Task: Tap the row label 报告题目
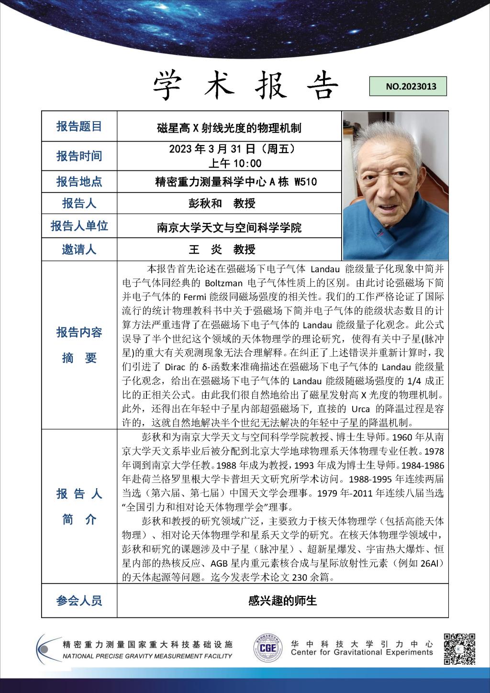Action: coord(79,126)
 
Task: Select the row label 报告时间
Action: coord(79,156)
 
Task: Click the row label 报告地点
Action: coord(79,181)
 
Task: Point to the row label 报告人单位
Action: coord(79,226)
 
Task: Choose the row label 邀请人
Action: coord(79,249)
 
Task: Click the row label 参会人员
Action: coord(79,601)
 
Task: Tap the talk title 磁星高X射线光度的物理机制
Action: coord(229,128)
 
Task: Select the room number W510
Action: coord(305,182)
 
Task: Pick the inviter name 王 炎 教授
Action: coord(223,249)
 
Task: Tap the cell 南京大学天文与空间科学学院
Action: coord(229,228)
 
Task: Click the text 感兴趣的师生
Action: coord(282,601)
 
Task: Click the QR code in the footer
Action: coord(459,649)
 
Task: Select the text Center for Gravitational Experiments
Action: coord(362,652)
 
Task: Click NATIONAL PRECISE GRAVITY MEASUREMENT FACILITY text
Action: coord(147,656)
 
